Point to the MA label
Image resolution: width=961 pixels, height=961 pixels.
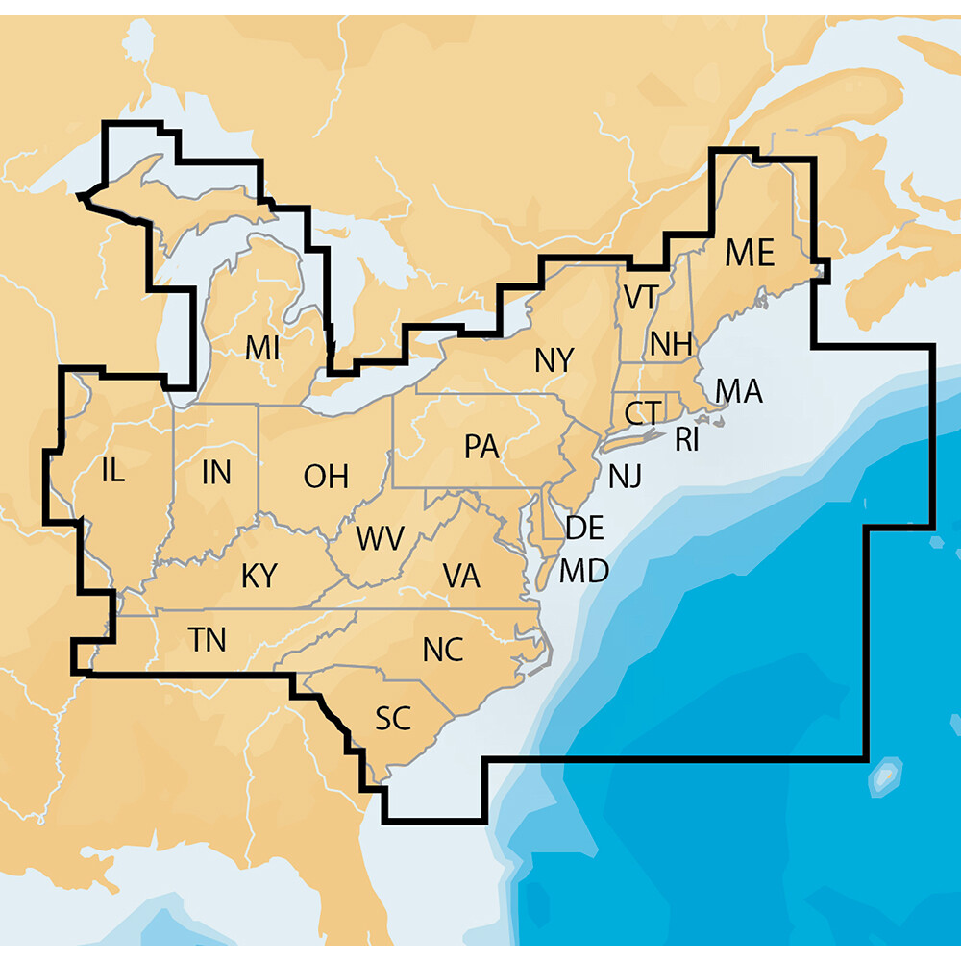pos(739,391)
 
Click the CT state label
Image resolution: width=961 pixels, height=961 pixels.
pos(641,413)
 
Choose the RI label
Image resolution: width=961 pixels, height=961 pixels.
pos(686,440)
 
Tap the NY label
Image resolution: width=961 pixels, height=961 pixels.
pos(554,360)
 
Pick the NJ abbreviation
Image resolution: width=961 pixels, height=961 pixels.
pos(624,475)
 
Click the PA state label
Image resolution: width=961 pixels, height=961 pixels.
pos(480,447)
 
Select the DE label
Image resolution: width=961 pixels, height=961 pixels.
pos(584,527)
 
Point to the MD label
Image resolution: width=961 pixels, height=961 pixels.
pos(584,572)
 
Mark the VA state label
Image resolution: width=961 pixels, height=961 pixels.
pos(461,576)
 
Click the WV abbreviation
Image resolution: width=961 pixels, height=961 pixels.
pos(380,538)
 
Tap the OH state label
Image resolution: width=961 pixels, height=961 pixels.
pos(326,475)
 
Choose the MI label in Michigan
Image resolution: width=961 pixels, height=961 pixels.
pos(261,347)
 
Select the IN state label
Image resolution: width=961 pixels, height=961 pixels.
pos(216,472)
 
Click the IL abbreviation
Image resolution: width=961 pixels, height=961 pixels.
pos(112,471)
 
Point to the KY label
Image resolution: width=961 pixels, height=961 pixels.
pos(259,576)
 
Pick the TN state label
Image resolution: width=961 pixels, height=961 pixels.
pos(208,639)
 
